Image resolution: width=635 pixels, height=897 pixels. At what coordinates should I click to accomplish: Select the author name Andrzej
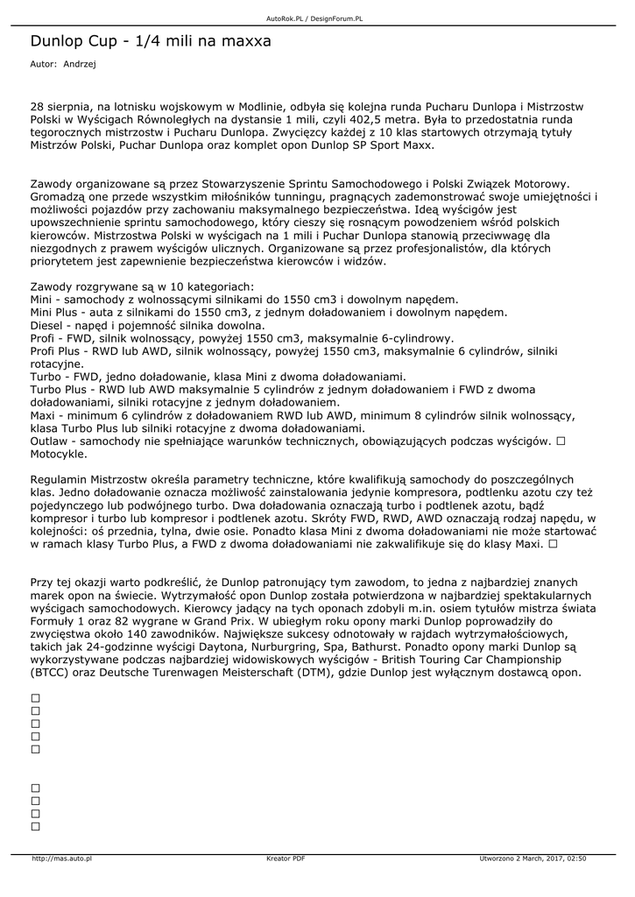point(80,64)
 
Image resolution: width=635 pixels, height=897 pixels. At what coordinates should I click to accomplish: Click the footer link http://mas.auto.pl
point(62,858)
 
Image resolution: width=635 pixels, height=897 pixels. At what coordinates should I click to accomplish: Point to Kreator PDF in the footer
point(286,858)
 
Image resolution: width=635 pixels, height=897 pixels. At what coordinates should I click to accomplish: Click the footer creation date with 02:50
point(533,858)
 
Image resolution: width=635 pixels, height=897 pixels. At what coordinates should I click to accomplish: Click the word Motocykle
point(58,455)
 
